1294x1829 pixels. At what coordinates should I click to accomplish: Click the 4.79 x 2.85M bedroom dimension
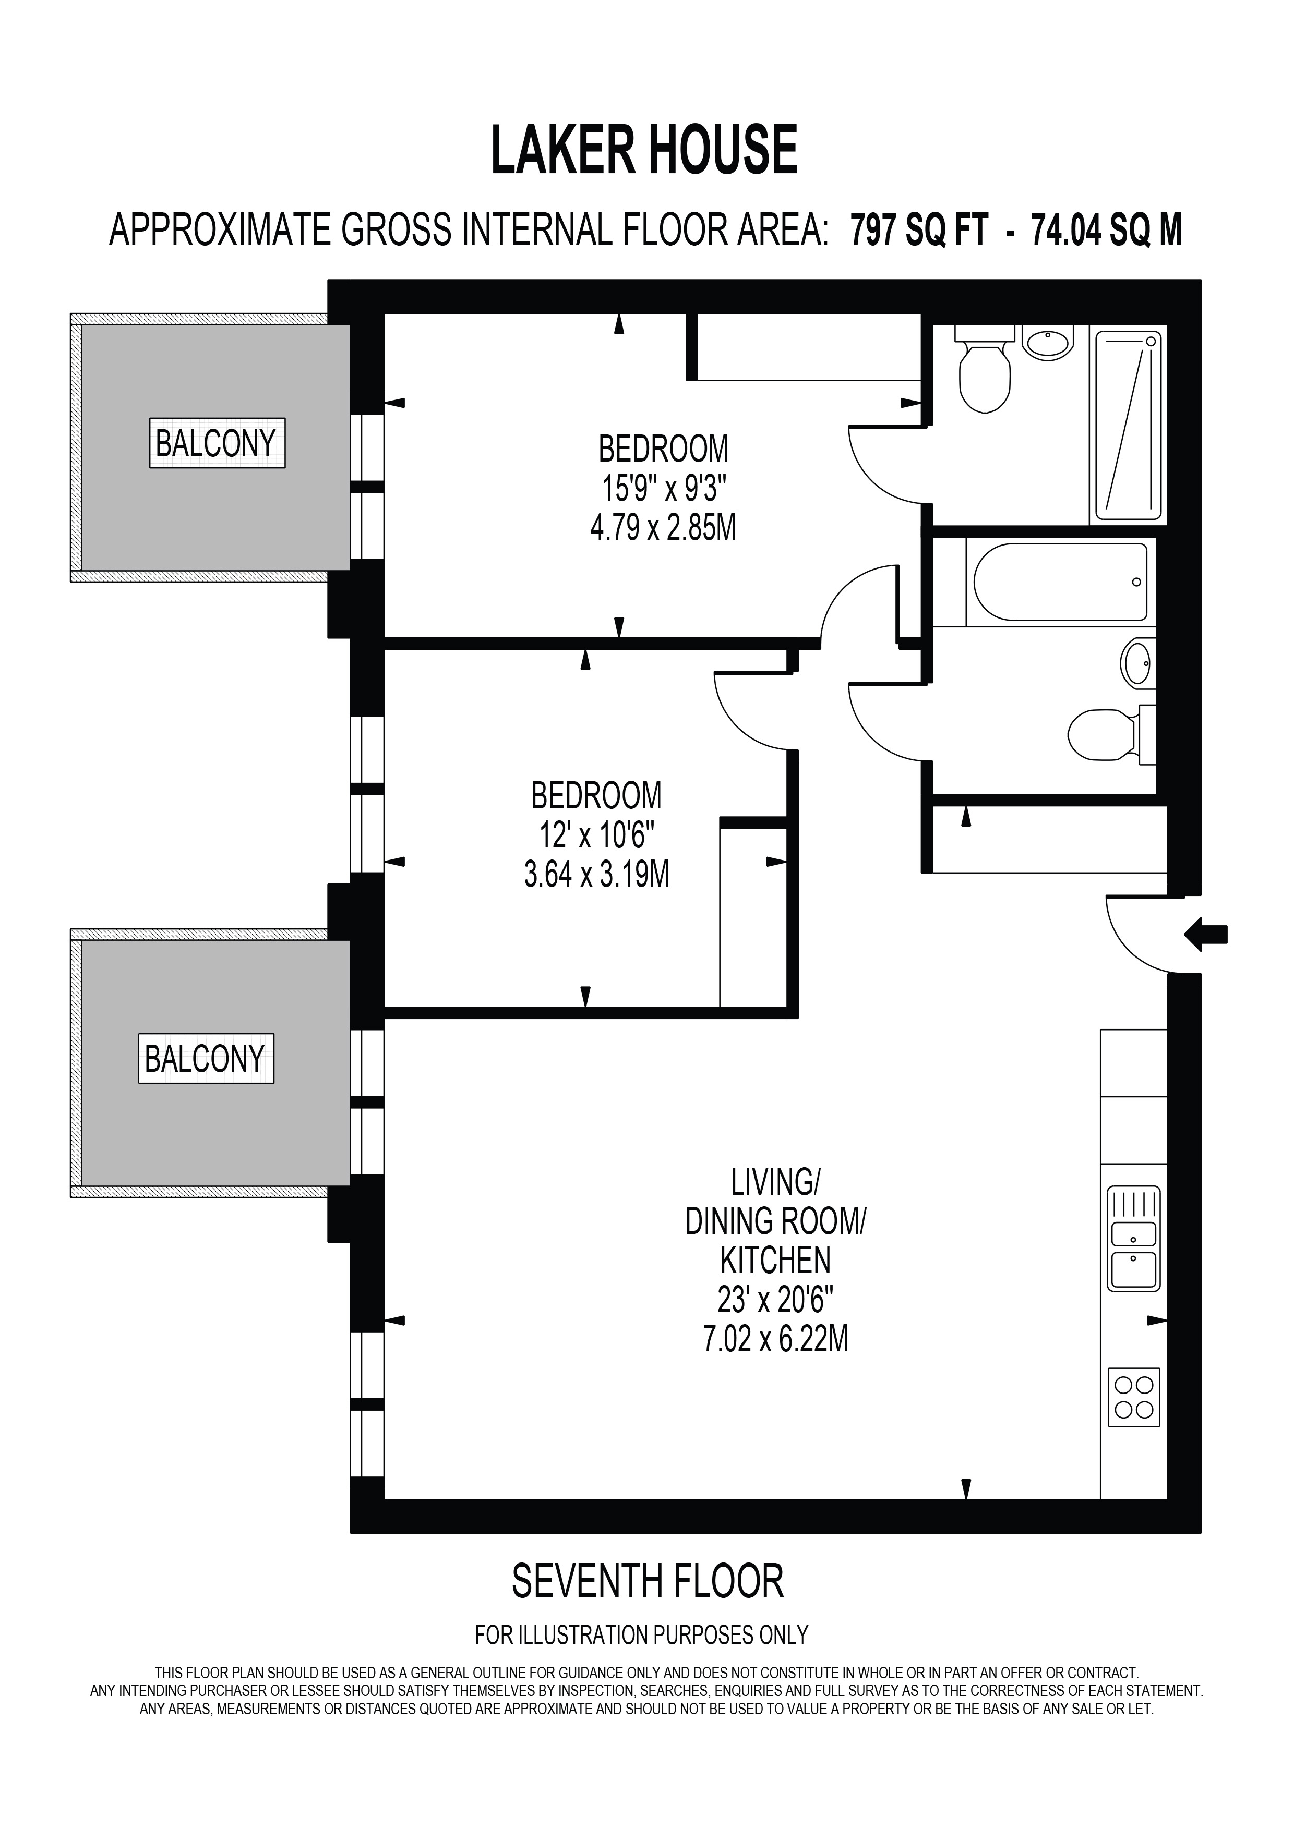(x=663, y=527)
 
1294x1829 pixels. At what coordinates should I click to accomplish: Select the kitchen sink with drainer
(x=1134, y=1239)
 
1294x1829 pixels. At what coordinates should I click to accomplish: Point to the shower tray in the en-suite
(x=1128, y=426)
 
